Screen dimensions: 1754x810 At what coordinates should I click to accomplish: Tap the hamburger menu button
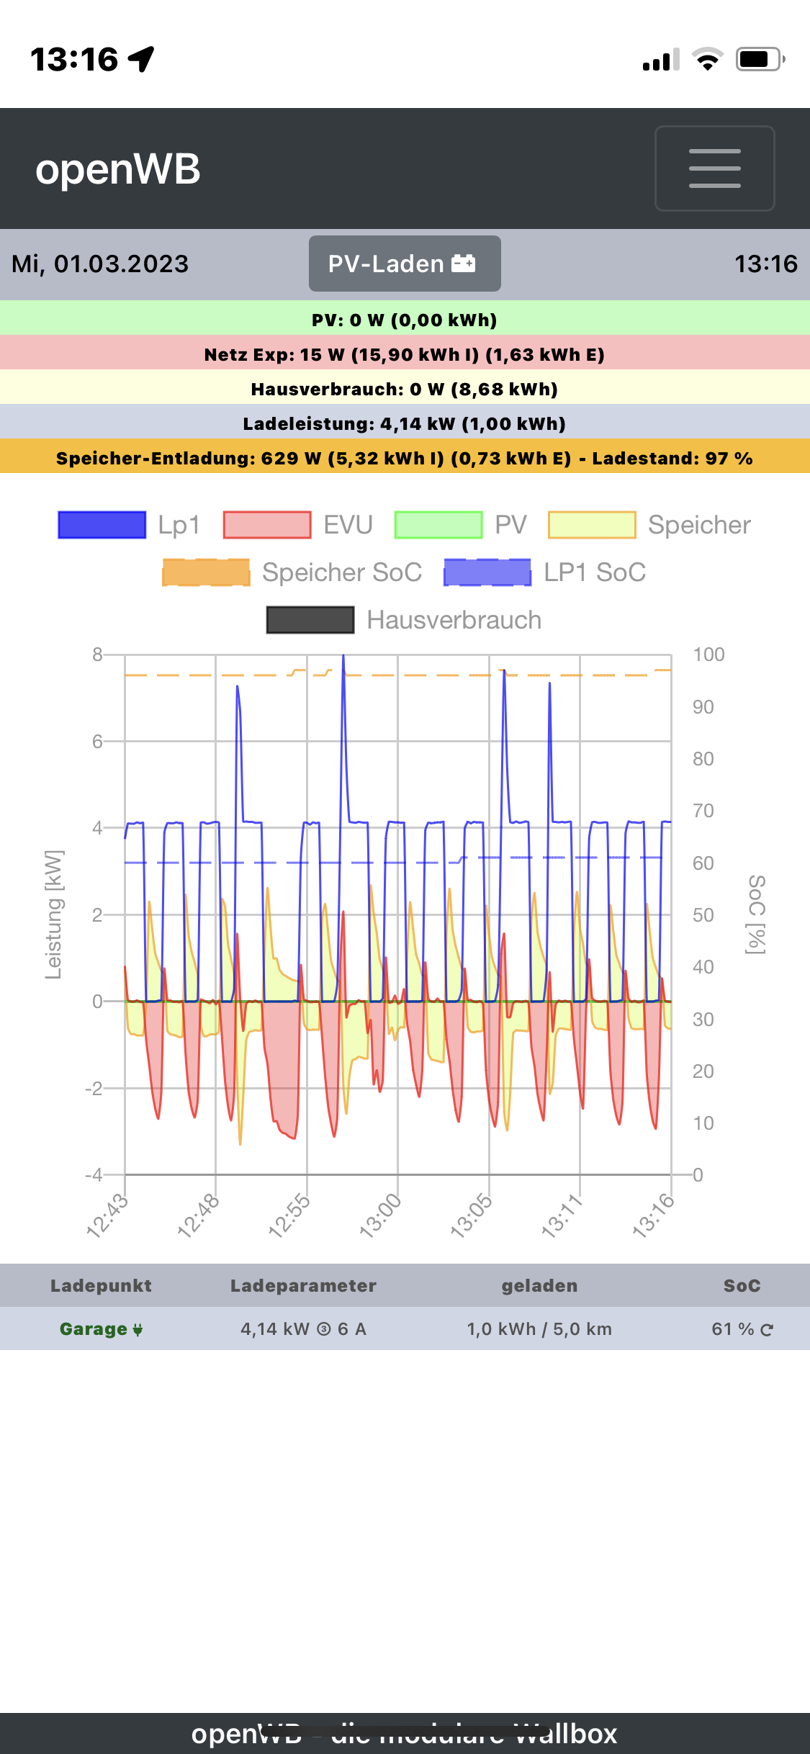click(714, 168)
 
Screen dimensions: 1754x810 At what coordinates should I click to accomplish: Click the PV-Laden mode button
click(405, 264)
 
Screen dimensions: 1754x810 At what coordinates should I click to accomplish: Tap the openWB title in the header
click(118, 170)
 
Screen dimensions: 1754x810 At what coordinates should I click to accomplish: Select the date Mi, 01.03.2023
click(100, 264)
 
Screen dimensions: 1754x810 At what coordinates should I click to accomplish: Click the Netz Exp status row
click(405, 354)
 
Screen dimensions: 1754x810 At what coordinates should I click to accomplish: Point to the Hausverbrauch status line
click(405, 389)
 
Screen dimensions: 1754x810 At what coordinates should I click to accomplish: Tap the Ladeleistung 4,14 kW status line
click(405, 423)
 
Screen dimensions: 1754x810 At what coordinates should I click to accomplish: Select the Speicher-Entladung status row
click(405, 458)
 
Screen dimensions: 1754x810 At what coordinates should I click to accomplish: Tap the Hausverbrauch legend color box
click(310, 620)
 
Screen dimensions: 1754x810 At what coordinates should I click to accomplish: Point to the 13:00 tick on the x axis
click(381, 1215)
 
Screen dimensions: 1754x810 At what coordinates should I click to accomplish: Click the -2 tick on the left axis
click(94, 1088)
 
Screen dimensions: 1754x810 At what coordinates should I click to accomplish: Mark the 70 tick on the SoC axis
click(703, 811)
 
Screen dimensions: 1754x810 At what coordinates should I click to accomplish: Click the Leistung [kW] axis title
click(54, 914)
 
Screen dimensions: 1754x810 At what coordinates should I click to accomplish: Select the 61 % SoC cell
click(742, 1329)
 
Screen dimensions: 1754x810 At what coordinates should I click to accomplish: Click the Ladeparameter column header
click(303, 1286)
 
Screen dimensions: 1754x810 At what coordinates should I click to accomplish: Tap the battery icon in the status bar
click(759, 59)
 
